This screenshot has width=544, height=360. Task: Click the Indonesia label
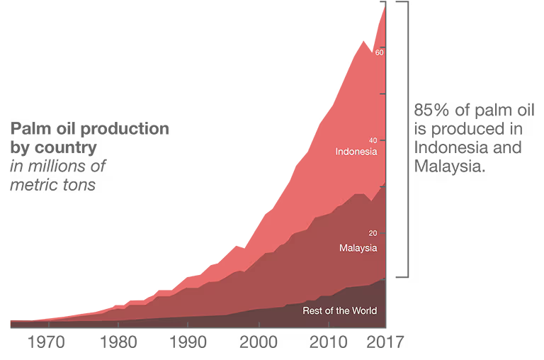click(x=356, y=152)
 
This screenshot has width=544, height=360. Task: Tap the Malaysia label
click(x=358, y=248)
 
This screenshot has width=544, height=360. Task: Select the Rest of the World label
click(x=339, y=310)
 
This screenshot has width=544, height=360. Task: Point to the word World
click(x=363, y=310)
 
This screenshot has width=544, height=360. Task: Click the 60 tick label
click(x=379, y=52)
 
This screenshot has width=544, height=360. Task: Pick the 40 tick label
click(x=373, y=140)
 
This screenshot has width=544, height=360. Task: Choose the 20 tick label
click(x=373, y=233)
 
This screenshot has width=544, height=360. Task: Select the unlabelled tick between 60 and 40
click(x=382, y=94)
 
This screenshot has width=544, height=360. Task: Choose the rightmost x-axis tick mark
click(x=329, y=325)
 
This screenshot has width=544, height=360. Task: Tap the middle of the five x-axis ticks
click(x=188, y=325)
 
